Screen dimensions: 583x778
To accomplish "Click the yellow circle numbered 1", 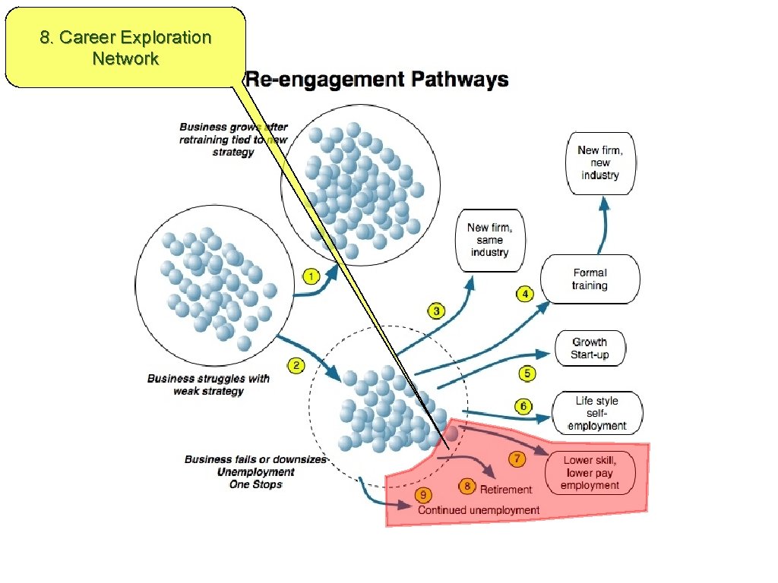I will point(310,276).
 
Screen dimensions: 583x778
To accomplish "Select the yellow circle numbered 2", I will point(296,366).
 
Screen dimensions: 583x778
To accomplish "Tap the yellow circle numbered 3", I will point(437,310).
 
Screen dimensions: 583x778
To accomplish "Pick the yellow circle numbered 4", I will point(524,293).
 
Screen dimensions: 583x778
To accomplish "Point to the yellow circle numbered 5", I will point(527,373).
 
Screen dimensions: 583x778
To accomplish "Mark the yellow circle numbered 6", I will point(523,407).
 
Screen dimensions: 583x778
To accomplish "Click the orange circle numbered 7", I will point(517,459).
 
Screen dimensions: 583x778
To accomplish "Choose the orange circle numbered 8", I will point(467,487).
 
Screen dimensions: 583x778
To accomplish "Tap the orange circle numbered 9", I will point(422,496).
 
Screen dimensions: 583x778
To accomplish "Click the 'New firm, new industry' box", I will point(600,163).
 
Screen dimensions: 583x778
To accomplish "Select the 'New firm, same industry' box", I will point(489,240).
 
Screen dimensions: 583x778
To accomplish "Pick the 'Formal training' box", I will point(590,279).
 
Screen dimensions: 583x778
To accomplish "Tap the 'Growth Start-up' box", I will point(590,348).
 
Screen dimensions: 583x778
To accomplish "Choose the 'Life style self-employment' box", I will point(597,413).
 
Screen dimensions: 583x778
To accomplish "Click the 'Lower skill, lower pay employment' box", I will point(590,472).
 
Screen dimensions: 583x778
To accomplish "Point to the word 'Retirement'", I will point(506,490).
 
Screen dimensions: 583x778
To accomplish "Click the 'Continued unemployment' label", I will point(479,510).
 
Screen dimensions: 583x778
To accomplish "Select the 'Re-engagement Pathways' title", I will point(377,80).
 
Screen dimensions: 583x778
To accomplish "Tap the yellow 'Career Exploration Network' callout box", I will point(125,48).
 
